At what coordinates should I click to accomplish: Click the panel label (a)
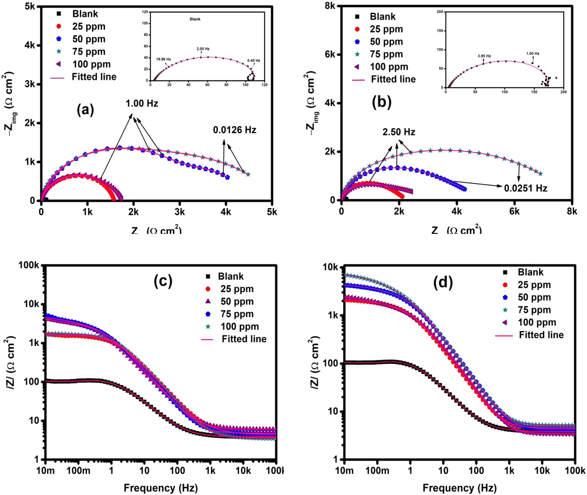85,110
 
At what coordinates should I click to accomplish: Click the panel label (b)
381,102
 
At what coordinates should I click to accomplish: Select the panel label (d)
443,282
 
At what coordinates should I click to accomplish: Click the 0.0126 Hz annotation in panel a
235,130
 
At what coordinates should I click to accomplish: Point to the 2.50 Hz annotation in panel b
399,132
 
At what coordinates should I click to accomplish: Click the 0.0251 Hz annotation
526,188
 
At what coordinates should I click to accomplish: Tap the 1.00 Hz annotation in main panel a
142,104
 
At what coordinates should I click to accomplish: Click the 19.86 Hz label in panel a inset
163,59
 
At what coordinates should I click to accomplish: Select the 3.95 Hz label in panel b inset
484,56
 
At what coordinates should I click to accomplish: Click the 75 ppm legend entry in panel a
89,52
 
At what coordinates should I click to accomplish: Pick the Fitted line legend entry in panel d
541,335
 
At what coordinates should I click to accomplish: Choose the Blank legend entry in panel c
231,276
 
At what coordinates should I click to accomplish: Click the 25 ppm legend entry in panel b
386,29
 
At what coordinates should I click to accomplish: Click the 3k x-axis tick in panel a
180,212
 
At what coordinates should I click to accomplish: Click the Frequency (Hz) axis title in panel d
459,488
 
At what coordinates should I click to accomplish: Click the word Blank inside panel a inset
195,19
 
